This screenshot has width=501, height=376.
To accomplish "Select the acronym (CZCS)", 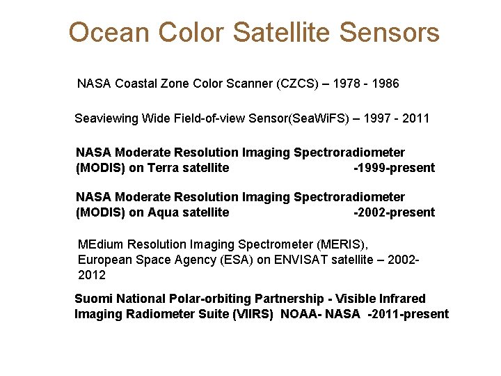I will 300,84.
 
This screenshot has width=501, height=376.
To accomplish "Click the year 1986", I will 385,84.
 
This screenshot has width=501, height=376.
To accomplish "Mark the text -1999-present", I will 395,168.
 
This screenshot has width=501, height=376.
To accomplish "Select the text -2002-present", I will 395,212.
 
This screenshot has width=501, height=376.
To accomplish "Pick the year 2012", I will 92,275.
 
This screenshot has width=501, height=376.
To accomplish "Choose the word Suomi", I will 93,299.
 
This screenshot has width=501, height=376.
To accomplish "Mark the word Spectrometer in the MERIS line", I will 276,244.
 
